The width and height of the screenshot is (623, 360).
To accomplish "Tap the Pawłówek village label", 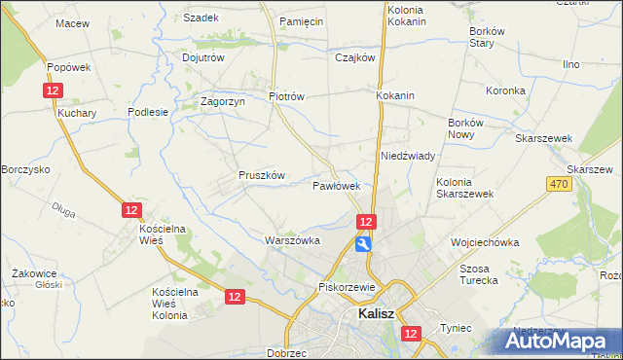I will click(x=337, y=185).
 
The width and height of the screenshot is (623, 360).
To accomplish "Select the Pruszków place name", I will click(x=261, y=175).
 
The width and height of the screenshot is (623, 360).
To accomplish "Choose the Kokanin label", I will click(x=395, y=96).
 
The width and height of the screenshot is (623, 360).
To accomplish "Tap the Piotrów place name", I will click(x=287, y=96).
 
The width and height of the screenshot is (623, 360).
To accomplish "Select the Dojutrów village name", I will click(x=203, y=57).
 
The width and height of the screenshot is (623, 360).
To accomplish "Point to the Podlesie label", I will click(x=149, y=112).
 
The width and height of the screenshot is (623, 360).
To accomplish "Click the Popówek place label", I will click(x=68, y=67).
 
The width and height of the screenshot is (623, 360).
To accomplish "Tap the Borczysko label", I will click(x=25, y=169).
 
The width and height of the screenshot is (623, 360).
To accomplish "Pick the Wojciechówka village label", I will click(x=484, y=242).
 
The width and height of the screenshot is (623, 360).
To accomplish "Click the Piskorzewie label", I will click(x=347, y=288).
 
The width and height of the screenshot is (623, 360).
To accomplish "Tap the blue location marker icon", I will click(x=363, y=244).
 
